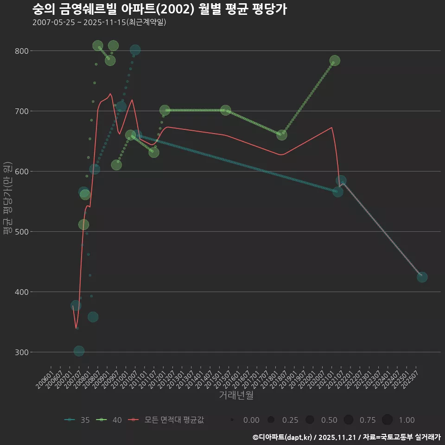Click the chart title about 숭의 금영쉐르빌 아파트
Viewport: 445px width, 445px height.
[x=159, y=9]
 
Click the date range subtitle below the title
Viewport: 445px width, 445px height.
[x=99, y=22]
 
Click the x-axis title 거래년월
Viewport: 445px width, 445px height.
[x=236, y=395]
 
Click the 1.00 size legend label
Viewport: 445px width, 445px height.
[x=407, y=420]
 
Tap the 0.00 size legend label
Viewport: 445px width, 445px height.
[x=251, y=420]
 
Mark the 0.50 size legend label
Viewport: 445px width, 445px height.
[x=329, y=420]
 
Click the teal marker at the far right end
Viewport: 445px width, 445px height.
[x=422, y=277]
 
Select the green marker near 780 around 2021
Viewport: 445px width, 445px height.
[x=335, y=61]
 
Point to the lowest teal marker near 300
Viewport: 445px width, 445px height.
[x=79, y=351]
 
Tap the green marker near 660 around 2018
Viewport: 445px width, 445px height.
[x=281, y=135]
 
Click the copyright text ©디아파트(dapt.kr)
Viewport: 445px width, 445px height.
[x=282, y=437]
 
